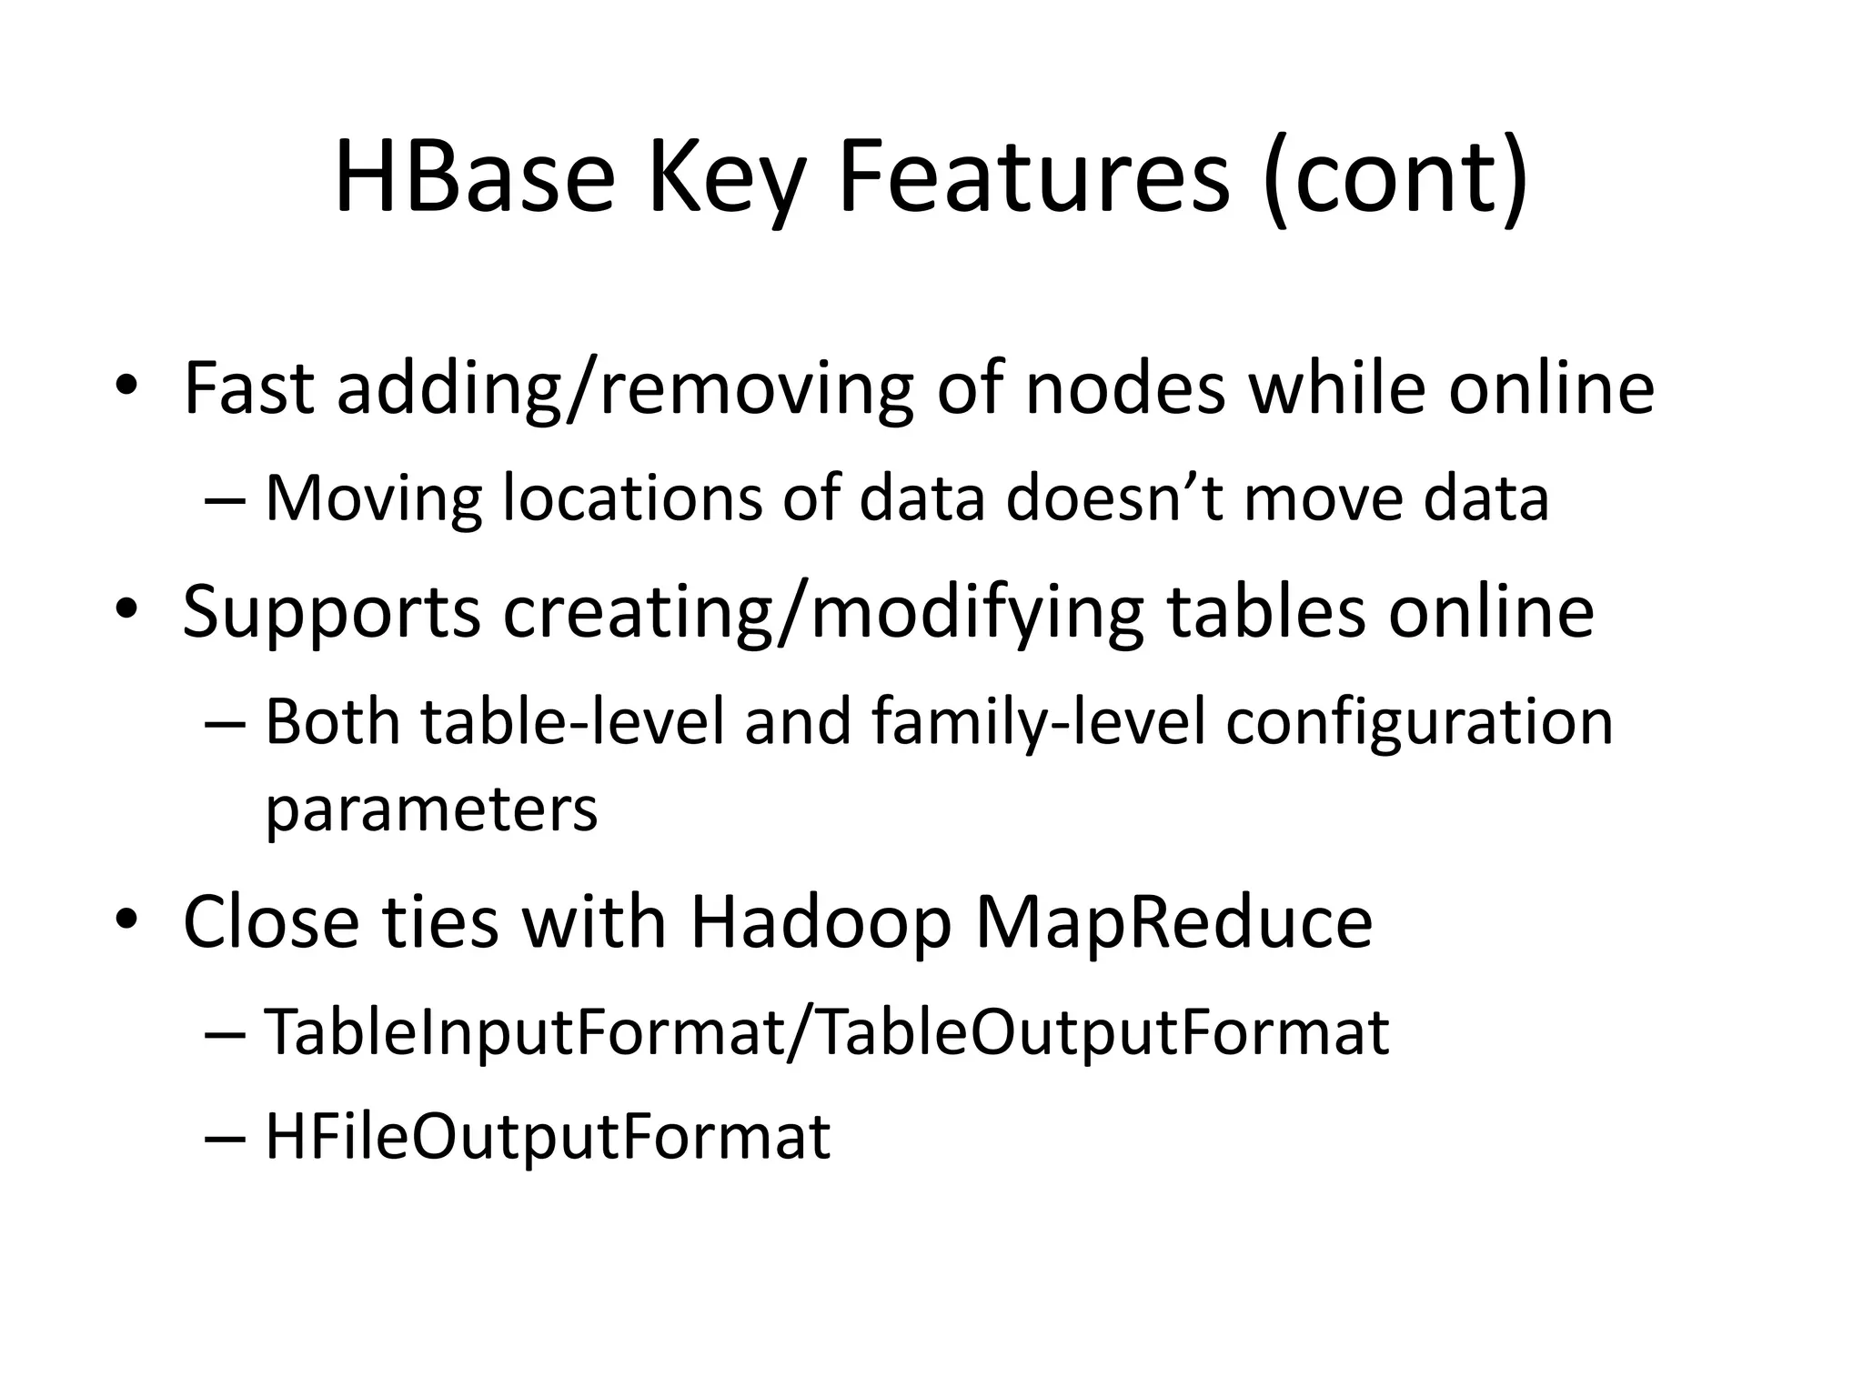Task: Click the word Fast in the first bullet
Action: pyautogui.click(x=249, y=388)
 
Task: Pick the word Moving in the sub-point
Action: pyautogui.click(x=373, y=499)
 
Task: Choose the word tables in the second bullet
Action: pyautogui.click(x=1265, y=610)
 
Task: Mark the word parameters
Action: pyautogui.click(x=431, y=810)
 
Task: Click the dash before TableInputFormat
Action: pyautogui.click(x=227, y=1035)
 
